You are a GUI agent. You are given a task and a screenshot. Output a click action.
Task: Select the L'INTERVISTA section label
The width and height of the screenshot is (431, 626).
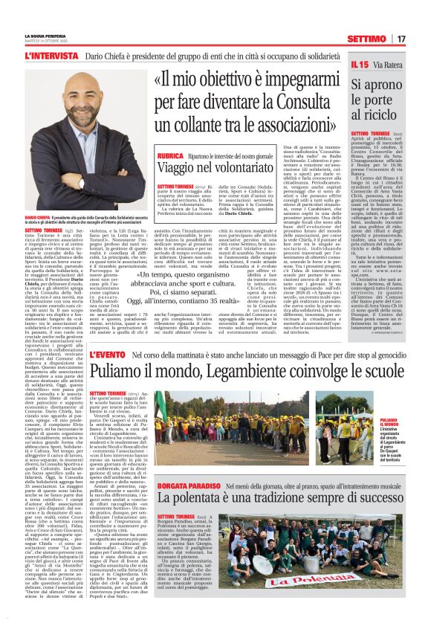50,56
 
